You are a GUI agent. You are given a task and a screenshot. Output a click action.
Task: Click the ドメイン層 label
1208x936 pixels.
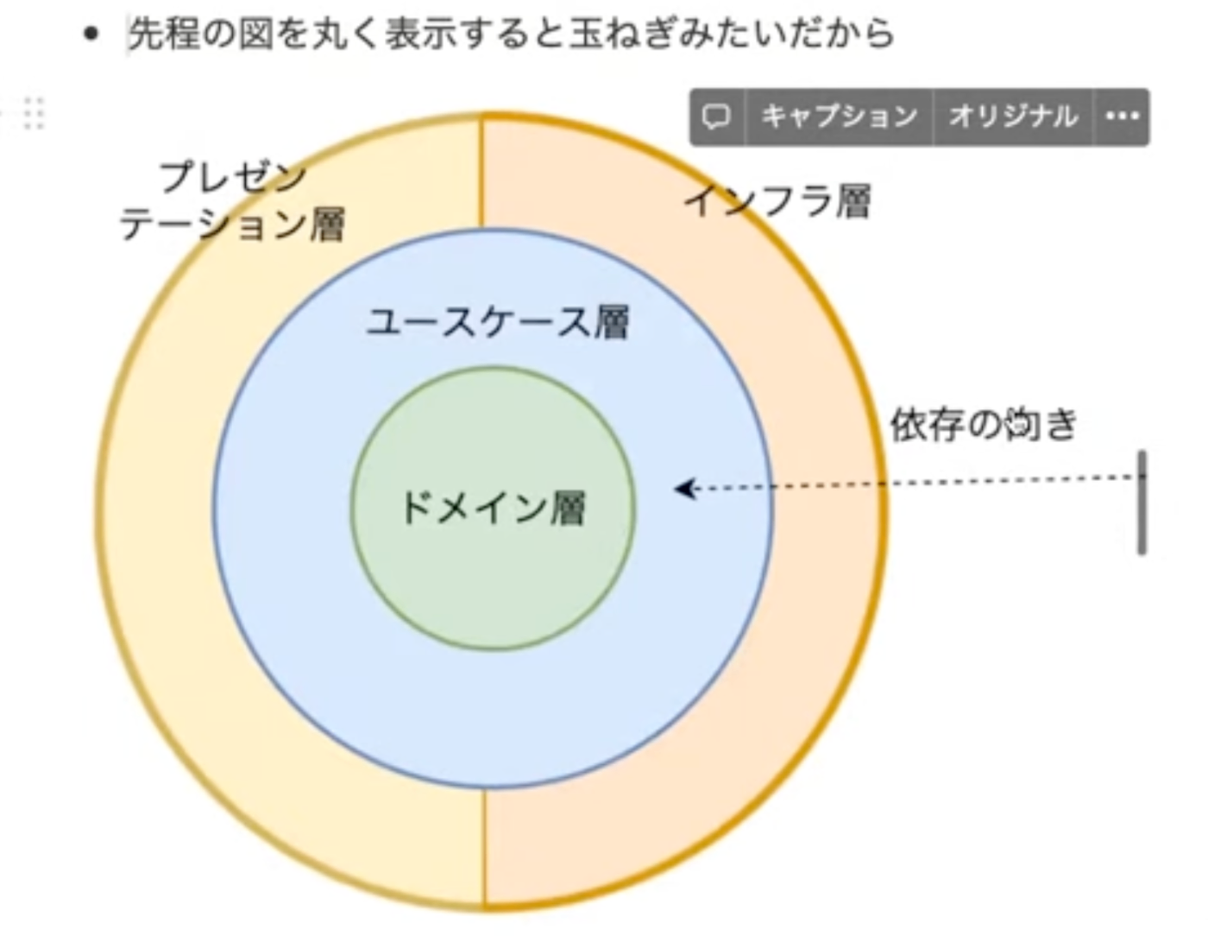(493, 508)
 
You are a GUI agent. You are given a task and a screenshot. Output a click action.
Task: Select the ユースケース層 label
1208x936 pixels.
(498, 322)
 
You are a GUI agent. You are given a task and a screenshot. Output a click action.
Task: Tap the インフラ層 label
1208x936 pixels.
(777, 201)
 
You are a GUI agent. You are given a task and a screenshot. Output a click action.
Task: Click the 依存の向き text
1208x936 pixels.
(984, 424)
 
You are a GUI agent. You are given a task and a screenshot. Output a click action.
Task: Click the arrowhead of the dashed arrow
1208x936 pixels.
(684, 489)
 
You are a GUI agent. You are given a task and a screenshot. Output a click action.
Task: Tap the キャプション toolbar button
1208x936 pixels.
(839, 117)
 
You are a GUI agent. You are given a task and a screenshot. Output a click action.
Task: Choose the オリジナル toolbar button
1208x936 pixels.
(1013, 117)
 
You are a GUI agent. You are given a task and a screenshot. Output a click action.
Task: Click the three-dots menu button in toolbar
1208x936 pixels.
(1122, 117)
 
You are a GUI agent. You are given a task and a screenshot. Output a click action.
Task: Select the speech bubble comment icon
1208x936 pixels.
(716, 117)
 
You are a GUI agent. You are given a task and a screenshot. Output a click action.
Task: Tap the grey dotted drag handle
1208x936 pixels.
(33, 113)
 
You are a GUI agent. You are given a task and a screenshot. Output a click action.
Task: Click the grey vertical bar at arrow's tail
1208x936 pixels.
(1142, 502)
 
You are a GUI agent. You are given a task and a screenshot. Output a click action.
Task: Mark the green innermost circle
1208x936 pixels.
(493, 587)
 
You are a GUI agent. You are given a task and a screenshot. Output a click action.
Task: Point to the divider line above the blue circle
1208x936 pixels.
(481, 173)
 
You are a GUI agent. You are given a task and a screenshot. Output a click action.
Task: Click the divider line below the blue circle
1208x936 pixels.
(484, 846)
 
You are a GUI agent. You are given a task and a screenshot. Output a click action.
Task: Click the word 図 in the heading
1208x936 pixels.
(257, 35)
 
